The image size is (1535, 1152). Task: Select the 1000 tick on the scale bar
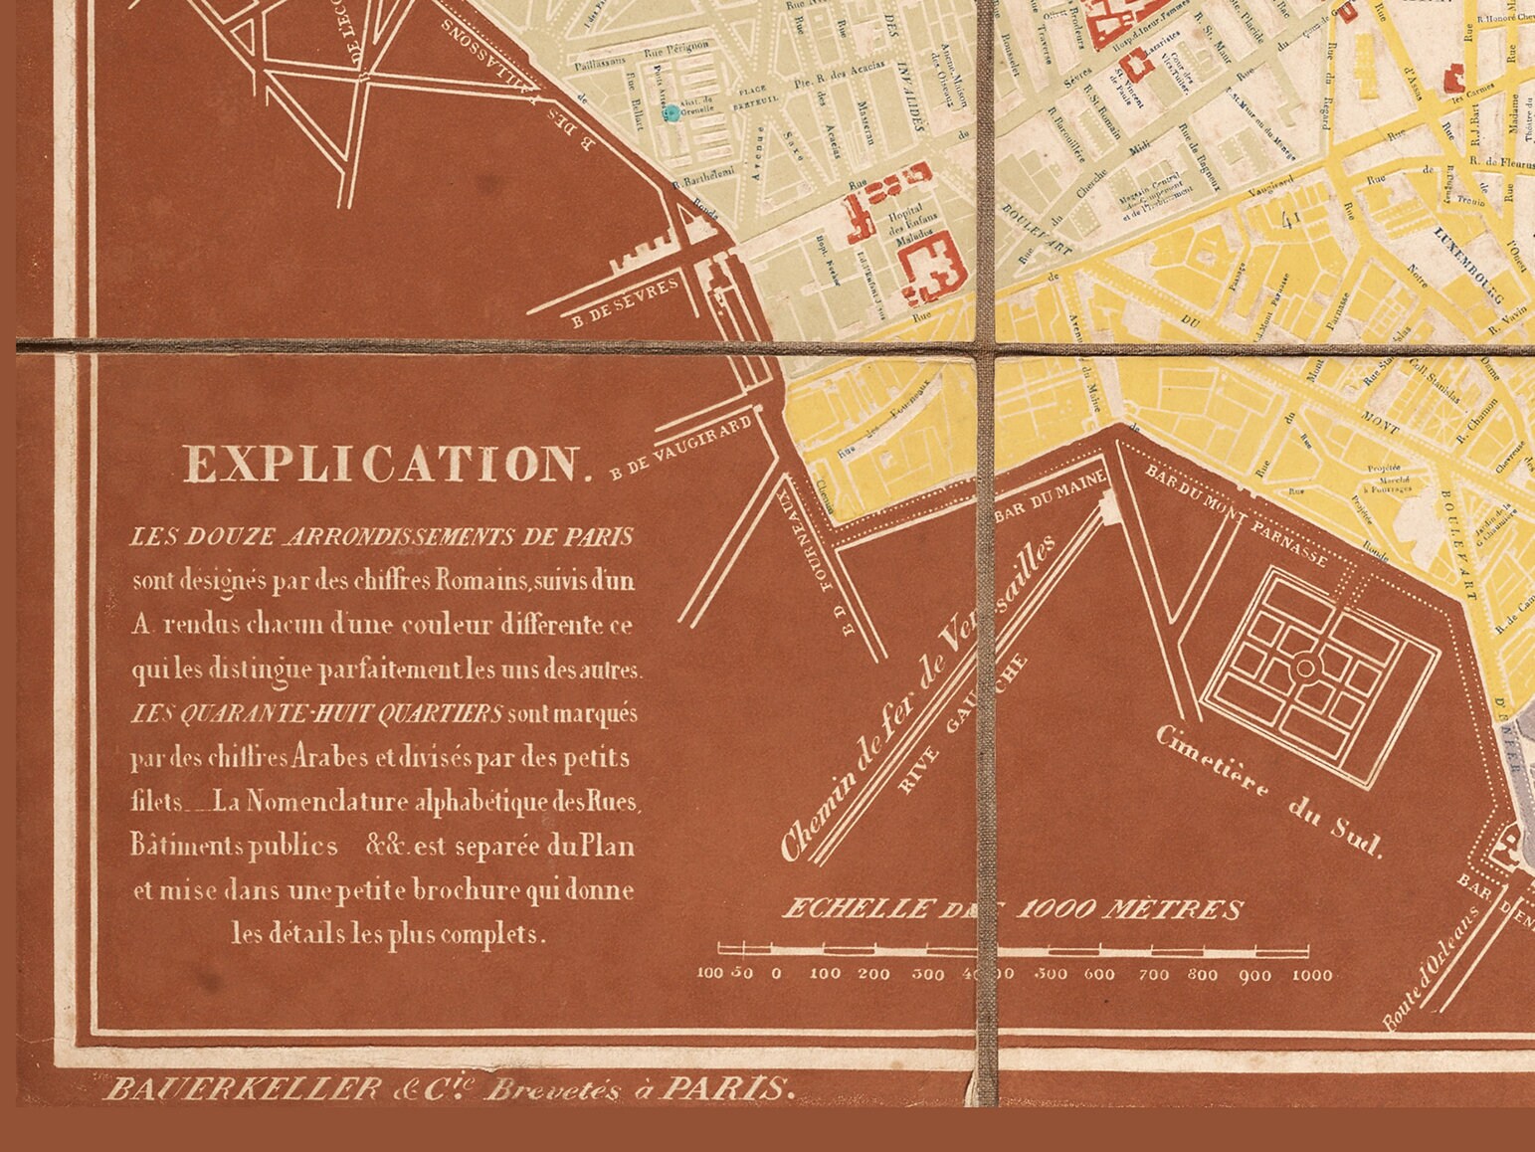pos(1311,975)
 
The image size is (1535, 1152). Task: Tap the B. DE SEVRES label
pos(626,301)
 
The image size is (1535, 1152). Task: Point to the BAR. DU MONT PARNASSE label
pos(1237,514)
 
